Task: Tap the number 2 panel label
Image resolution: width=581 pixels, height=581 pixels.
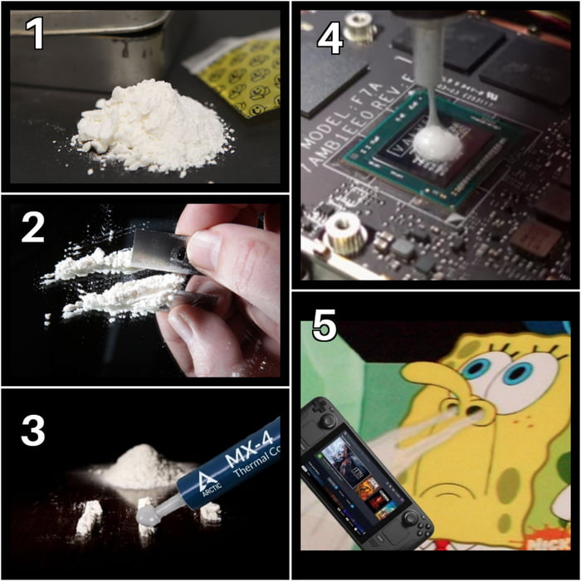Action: pyautogui.click(x=32, y=227)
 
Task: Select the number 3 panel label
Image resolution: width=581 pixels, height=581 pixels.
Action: pyautogui.click(x=32, y=430)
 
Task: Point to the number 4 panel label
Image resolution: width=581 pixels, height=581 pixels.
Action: pyautogui.click(x=330, y=38)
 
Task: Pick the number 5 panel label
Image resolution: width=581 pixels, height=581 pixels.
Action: pyautogui.click(x=325, y=326)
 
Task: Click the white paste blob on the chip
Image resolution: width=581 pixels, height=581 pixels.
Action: pyautogui.click(x=437, y=144)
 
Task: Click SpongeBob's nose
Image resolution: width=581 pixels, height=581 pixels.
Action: pyautogui.click(x=432, y=390)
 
